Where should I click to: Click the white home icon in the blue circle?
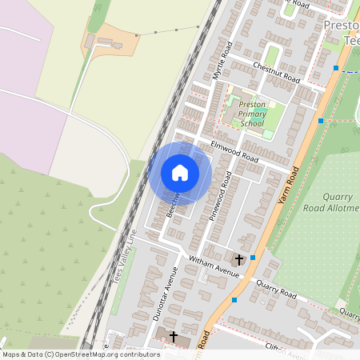pyautogui.click(x=180, y=173)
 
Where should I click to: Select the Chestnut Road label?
pyautogui.click(x=275, y=74)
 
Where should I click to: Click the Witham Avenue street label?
pyautogui.click(x=214, y=267)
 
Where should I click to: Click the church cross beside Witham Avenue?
pyautogui.click(x=238, y=259)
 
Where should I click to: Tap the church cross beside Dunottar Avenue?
pyautogui.click(x=174, y=336)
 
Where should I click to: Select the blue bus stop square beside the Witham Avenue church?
pyautogui.click(x=253, y=257)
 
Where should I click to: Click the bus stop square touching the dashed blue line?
pyautogui.click(x=337, y=68)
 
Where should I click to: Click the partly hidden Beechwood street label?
pyautogui.click(x=170, y=206)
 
